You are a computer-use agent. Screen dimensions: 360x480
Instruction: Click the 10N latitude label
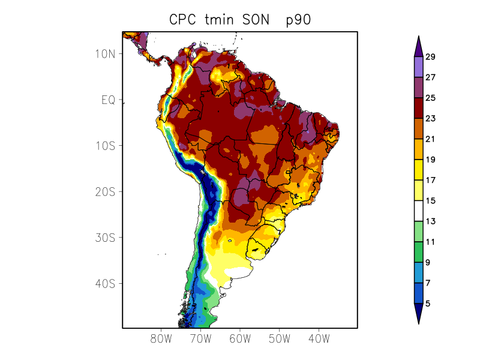coord(105,54)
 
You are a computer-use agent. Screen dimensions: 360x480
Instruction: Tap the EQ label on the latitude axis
coord(108,100)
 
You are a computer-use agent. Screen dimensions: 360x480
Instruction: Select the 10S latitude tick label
coord(105,146)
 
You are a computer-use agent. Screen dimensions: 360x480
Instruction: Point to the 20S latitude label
coord(105,192)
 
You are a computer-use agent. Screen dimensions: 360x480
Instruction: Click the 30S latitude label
coord(105,238)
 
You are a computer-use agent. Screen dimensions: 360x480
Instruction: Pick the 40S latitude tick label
coord(105,284)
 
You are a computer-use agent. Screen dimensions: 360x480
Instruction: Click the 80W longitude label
coord(161,338)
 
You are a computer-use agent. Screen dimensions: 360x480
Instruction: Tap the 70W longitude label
coord(200,338)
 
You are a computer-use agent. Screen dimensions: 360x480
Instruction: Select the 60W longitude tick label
coord(240,338)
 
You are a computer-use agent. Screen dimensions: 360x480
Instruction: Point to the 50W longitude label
coord(280,338)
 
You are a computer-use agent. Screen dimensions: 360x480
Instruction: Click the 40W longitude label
coord(319,338)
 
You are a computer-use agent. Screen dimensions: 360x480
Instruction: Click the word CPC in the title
coord(182,20)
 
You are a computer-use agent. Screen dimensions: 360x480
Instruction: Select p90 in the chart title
coord(298,20)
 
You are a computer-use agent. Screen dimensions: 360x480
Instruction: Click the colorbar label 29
coord(430,57)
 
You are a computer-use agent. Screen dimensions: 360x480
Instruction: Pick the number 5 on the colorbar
coord(428,304)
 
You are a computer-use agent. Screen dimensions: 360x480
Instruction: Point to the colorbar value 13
coord(430,221)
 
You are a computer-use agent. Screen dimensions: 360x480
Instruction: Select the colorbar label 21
coord(430,139)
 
